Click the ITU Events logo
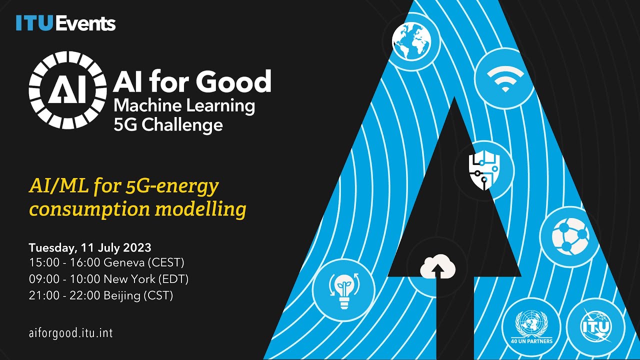tap(65, 23)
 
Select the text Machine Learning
tap(184, 105)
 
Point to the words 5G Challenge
tap(168, 124)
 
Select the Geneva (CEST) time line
tap(106, 262)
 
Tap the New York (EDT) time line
tap(108, 279)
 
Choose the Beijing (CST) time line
tap(101, 295)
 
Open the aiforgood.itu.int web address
tap(70, 333)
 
